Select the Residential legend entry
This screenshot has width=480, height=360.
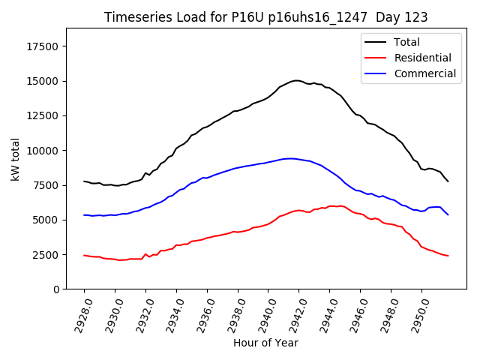tap(422, 58)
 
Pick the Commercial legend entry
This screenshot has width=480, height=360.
tap(424, 73)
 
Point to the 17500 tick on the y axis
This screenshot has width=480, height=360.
tap(42, 46)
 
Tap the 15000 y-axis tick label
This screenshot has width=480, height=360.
tap(42, 81)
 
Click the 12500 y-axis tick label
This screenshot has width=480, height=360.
tap(42, 116)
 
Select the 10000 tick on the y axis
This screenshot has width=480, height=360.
tap(42, 151)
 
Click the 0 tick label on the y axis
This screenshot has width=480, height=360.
tap(56, 289)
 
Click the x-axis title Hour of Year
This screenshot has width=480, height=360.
tap(265, 343)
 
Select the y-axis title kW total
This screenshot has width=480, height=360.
tap(15, 159)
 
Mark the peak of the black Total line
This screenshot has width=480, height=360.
tap(296, 80)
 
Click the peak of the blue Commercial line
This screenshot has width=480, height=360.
tap(289, 158)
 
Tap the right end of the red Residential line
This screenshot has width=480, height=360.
tap(448, 256)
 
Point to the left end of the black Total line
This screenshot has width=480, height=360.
tap(84, 181)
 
